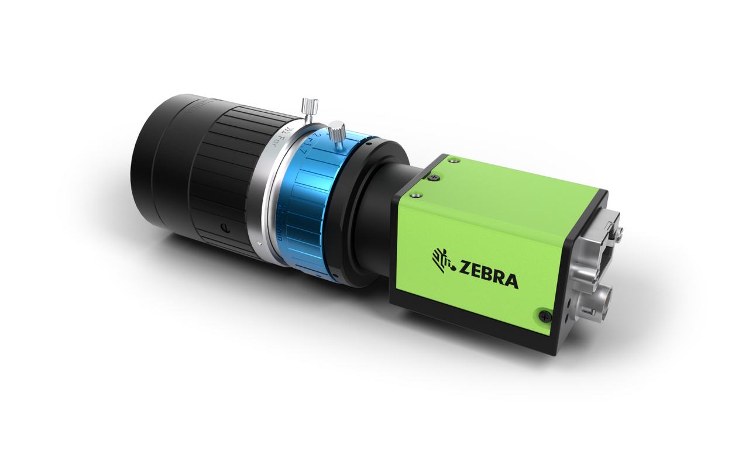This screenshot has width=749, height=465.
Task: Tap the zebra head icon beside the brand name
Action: point(443,259)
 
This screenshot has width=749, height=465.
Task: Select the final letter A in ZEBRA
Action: point(511,281)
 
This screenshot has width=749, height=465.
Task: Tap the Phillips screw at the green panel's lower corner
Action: point(545,316)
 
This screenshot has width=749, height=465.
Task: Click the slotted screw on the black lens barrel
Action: point(224,228)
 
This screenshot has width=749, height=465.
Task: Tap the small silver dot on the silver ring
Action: point(258,241)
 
